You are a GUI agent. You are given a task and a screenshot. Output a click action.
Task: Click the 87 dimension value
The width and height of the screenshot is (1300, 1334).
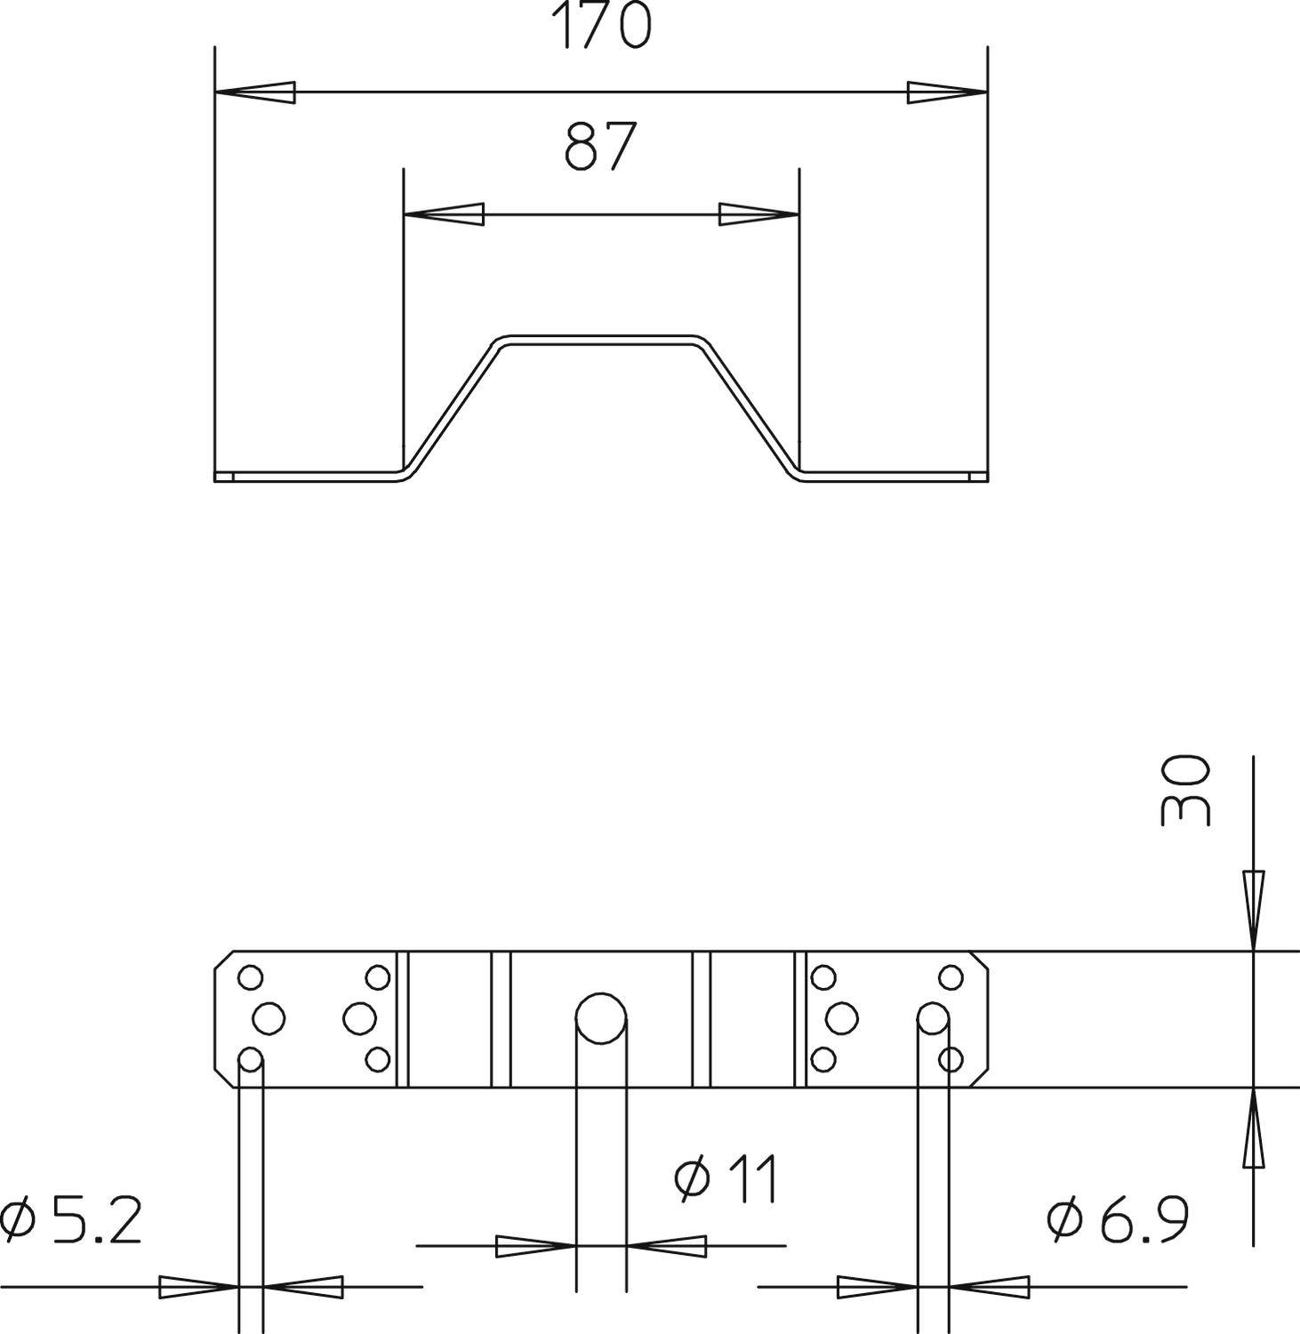point(601,147)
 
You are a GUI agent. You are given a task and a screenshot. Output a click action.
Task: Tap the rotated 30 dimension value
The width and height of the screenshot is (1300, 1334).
point(1186,791)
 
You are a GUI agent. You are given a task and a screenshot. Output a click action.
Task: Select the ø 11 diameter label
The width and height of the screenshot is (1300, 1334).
point(727,1179)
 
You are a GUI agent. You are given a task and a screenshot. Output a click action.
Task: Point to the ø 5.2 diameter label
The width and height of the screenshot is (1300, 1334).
point(71,1221)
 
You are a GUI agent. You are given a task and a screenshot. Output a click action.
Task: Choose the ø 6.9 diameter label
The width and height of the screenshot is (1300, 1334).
point(1118,1220)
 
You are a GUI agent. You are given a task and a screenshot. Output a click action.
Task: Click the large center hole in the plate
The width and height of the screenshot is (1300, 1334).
point(601,1018)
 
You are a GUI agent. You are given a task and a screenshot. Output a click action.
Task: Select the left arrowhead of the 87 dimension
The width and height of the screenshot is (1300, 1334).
point(444,214)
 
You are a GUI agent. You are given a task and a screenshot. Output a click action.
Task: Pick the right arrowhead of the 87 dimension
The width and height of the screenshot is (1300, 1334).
point(758,214)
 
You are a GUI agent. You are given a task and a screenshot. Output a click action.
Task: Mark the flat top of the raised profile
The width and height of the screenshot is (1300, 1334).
point(601,340)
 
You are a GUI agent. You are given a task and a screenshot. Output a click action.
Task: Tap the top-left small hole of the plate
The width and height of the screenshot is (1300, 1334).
point(251,977)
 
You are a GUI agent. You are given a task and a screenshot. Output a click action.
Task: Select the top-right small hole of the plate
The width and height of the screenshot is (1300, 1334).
point(952,977)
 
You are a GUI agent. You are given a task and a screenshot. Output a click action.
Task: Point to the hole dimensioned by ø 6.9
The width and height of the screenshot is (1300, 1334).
point(933,1018)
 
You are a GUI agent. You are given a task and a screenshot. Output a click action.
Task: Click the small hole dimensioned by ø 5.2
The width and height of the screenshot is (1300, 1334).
point(251,1059)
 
